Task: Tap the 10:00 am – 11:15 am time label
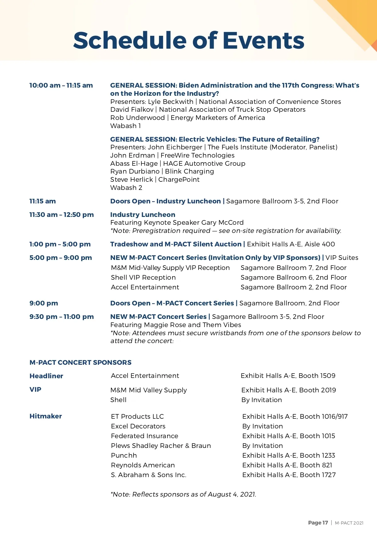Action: click(x=61, y=85)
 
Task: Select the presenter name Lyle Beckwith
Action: click(x=171, y=102)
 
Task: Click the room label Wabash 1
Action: click(x=126, y=126)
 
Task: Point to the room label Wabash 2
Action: click(x=126, y=188)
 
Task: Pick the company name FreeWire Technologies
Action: click(x=197, y=155)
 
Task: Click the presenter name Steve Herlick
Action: click(x=132, y=180)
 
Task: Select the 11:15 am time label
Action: click(x=42, y=201)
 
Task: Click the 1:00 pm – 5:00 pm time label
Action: click(x=60, y=244)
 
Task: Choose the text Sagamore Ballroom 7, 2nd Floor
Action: click(x=293, y=268)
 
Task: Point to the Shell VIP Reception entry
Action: click(x=143, y=277)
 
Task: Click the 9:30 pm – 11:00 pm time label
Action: click(x=62, y=317)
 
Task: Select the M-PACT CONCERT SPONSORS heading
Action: click(x=80, y=363)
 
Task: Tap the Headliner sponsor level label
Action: click(x=46, y=376)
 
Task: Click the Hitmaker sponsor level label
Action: click(x=46, y=416)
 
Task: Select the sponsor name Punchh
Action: click(x=124, y=455)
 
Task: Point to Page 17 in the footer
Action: click(x=318, y=523)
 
